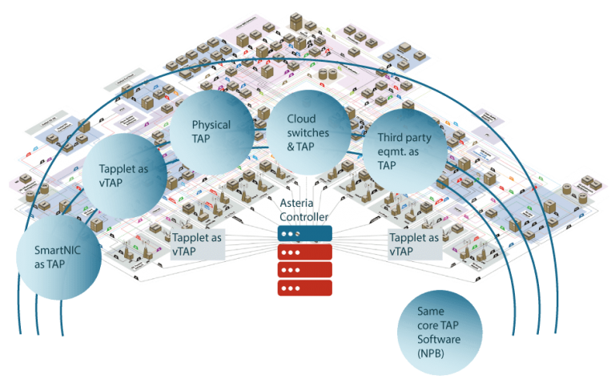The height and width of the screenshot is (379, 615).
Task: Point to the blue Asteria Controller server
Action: (x=304, y=233)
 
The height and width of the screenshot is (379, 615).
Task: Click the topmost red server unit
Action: (x=304, y=252)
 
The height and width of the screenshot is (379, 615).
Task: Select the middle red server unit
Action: (x=304, y=270)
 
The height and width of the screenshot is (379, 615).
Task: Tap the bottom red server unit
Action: (x=304, y=288)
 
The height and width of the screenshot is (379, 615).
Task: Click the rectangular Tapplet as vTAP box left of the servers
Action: (x=196, y=244)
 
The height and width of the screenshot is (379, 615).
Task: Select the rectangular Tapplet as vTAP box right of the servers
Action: (x=414, y=244)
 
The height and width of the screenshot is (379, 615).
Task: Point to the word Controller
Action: (x=304, y=217)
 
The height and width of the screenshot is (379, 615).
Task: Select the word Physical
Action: (x=211, y=125)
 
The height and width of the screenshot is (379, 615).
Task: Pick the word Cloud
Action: (x=302, y=119)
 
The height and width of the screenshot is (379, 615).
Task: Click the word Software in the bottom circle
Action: (x=439, y=340)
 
